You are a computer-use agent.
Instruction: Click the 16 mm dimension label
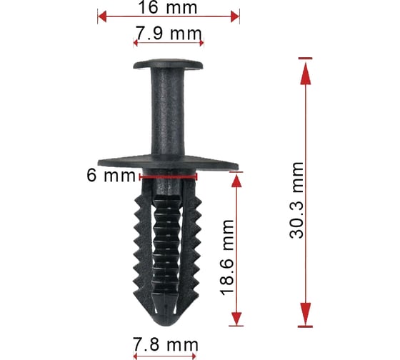[x=168, y=7]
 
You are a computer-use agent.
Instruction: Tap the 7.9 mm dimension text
[x=169, y=33]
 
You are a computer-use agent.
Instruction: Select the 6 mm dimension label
[x=111, y=175]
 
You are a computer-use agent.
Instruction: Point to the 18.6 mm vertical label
[x=228, y=257]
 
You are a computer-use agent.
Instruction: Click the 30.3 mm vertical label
[x=296, y=200]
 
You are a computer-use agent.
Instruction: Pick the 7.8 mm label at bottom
[x=165, y=345]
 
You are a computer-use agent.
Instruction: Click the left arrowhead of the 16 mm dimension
[x=102, y=16]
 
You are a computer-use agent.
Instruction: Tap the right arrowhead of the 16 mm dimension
[x=235, y=16]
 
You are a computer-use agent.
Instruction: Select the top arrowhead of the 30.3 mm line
[x=306, y=74]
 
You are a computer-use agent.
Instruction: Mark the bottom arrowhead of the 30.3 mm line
[x=306, y=314]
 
